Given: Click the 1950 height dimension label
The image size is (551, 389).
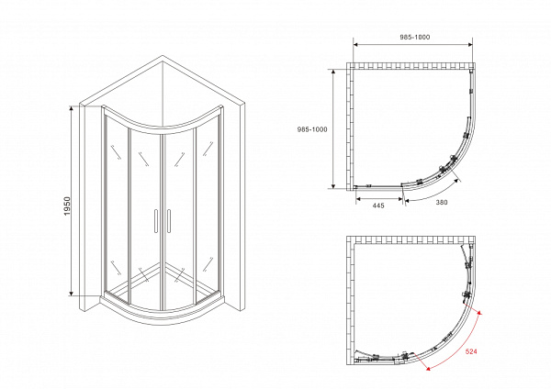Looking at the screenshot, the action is click(67, 206).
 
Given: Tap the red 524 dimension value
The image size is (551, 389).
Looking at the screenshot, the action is click(471, 351).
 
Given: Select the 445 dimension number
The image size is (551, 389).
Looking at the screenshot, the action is click(378, 206).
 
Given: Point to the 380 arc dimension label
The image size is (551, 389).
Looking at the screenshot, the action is click(442, 202).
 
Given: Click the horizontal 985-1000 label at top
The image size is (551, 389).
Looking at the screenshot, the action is click(415, 38).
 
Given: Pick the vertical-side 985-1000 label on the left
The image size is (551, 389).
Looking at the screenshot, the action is click(312, 129).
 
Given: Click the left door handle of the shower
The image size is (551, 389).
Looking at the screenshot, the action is click(156, 221).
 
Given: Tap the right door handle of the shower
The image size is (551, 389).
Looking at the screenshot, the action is click(169, 221).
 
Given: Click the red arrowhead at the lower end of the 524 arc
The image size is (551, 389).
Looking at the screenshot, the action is click(428, 368).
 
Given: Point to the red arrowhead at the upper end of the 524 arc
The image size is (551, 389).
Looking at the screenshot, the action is click(478, 313).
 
